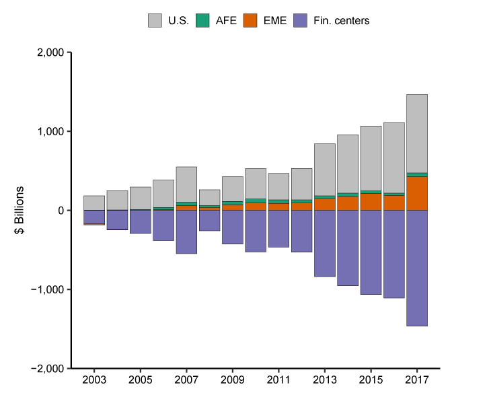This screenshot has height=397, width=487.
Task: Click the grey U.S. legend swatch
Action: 155,21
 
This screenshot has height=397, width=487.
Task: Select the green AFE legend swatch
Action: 202,21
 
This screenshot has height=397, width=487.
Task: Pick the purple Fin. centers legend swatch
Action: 301,21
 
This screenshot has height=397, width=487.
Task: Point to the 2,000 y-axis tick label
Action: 49,52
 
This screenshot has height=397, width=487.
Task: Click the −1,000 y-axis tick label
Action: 46,290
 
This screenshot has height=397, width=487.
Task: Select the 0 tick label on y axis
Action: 60,211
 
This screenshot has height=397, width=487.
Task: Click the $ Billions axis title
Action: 21,211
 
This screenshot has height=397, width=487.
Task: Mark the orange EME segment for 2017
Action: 417,194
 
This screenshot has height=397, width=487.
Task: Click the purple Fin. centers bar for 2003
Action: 94,217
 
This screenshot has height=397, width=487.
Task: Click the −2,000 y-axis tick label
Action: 46,369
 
